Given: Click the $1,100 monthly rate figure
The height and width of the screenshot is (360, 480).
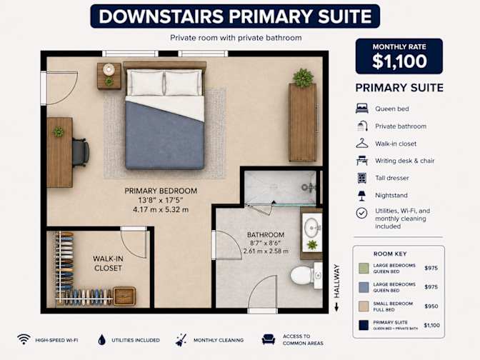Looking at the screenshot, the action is [399, 61].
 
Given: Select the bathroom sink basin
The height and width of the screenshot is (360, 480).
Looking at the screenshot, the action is [311, 227].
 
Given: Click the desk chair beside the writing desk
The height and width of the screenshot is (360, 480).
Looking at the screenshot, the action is [81, 152].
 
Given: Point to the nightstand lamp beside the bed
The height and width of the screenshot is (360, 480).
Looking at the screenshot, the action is [109, 69].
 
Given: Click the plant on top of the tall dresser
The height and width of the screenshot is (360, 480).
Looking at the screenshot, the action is [303, 77].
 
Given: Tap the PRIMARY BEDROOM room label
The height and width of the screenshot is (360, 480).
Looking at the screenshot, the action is [161, 191].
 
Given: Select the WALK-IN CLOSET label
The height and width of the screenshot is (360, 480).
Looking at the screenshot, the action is [108, 264].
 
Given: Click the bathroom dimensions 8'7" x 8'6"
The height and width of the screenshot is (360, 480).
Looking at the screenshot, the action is [266, 243].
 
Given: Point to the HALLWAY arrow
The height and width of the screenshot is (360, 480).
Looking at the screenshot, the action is [336, 306].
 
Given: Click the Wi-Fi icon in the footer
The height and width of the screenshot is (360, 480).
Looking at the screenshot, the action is [24, 339].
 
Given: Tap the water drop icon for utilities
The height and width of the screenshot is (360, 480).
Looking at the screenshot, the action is [102, 339].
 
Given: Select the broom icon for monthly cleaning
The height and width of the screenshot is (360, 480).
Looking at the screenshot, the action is [181, 340].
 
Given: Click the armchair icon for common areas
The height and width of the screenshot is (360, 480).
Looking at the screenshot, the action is [269, 339].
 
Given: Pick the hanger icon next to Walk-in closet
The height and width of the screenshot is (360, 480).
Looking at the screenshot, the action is [362, 144].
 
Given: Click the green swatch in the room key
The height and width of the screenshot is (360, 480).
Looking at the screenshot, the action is [364, 268].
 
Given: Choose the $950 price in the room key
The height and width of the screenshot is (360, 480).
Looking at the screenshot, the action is [431, 306].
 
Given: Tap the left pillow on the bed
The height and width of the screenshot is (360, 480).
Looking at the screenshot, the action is [146, 83].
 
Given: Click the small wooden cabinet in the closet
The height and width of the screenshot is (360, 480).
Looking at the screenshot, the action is [124, 296].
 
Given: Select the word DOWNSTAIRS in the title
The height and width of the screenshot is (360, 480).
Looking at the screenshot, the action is [161, 16].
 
